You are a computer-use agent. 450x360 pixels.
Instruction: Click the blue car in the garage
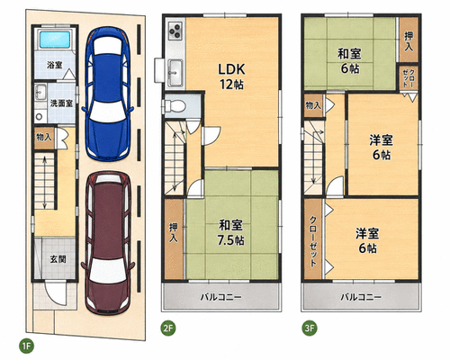click(107, 94)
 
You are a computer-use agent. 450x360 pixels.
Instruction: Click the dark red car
click(108, 242)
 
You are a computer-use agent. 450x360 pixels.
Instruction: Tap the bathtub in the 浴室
click(55, 40)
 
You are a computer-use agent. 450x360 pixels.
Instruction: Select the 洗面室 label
click(61, 103)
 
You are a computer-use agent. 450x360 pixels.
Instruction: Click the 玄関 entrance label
click(58, 259)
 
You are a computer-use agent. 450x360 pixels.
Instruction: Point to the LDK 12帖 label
click(231, 76)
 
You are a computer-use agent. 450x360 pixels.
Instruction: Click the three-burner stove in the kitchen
click(175, 31)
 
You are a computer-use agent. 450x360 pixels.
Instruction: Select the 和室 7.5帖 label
click(230, 232)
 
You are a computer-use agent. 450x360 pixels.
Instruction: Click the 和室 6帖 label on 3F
click(349, 61)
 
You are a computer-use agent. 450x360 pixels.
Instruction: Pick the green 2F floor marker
click(168, 328)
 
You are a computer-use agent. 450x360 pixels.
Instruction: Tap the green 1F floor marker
click(26, 346)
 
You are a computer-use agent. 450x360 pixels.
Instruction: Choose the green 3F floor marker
click(310, 328)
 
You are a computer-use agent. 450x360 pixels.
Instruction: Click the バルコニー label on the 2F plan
click(220, 297)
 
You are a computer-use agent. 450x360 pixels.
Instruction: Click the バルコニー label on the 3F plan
click(361, 297)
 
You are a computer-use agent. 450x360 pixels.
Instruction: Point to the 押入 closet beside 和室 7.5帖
click(174, 239)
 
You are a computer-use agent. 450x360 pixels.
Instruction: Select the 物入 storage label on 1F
click(44, 138)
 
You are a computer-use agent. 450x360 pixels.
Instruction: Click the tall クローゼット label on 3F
click(313, 241)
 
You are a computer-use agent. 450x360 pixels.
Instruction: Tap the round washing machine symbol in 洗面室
click(39, 116)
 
